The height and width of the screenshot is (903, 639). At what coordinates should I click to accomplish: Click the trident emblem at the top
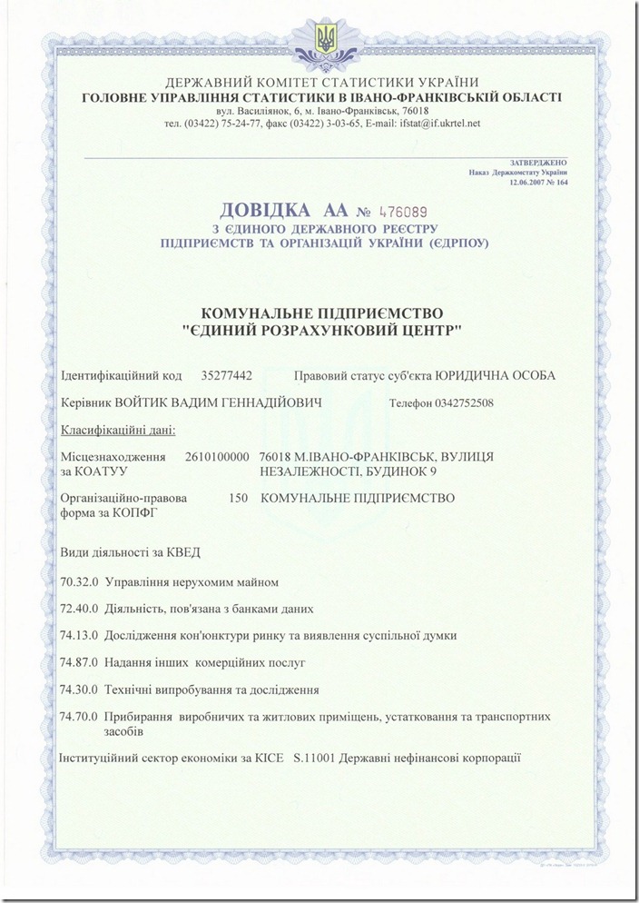tap(323, 37)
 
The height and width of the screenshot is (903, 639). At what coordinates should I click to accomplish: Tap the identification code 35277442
tap(226, 375)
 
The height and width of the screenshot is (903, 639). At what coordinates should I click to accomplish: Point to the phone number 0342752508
tap(465, 402)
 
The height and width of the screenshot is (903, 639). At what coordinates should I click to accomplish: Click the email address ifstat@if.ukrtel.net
tap(440, 124)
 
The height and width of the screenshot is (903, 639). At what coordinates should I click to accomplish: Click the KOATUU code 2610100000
tap(217, 457)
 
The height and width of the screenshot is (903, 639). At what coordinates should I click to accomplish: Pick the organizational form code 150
tap(240, 499)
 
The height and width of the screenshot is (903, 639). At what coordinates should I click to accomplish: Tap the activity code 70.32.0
tap(78, 581)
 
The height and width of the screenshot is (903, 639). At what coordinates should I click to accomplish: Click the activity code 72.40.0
tap(78, 609)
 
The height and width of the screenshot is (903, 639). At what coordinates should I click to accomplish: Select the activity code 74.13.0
tap(78, 635)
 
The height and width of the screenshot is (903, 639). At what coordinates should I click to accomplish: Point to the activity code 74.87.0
tap(78, 662)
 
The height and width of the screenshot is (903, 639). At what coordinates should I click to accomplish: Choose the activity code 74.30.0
tap(78, 690)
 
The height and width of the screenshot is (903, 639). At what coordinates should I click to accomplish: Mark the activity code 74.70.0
tap(78, 717)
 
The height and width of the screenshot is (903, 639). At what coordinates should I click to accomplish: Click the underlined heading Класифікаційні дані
tap(118, 430)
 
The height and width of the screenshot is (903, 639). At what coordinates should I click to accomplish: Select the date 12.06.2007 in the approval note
tap(529, 182)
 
